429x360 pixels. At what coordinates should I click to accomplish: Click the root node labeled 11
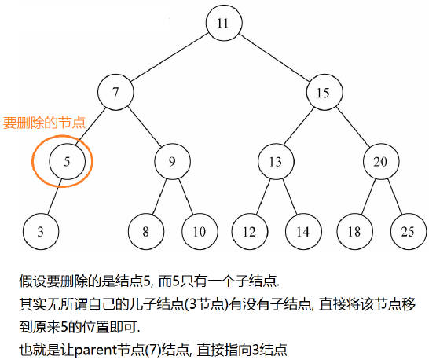tap(224, 23)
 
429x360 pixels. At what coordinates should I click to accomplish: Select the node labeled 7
tap(115, 92)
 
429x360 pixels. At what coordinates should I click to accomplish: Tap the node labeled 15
tap(324, 92)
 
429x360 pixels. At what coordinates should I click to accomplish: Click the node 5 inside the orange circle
tap(67, 161)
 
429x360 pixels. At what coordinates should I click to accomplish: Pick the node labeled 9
tap(172, 161)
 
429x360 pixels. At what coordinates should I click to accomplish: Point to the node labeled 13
tap(276, 161)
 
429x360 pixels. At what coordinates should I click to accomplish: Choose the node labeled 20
tap(381, 161)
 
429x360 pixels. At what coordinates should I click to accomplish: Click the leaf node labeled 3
tap(41, 232)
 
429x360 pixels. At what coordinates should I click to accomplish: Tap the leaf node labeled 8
tap(146, 232)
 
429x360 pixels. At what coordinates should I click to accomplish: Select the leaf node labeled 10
tap(200, 232)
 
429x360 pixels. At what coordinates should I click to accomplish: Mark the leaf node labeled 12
tap(250, 232)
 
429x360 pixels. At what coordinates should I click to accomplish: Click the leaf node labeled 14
tap(303, 232)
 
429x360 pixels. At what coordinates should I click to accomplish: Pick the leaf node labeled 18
tap(355, 232)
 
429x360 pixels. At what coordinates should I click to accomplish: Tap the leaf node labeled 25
tap(409, 232)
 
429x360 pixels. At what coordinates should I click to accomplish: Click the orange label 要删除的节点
tap(44, 123)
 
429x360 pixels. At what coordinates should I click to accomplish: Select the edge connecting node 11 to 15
tap(274, 57)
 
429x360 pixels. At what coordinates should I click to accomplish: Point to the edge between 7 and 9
tap(145, 127)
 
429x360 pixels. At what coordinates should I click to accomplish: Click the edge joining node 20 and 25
tap(394, 197)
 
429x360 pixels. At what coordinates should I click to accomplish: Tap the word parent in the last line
tap(96, 350)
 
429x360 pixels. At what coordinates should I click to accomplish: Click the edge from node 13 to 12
tap(263, 197)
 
